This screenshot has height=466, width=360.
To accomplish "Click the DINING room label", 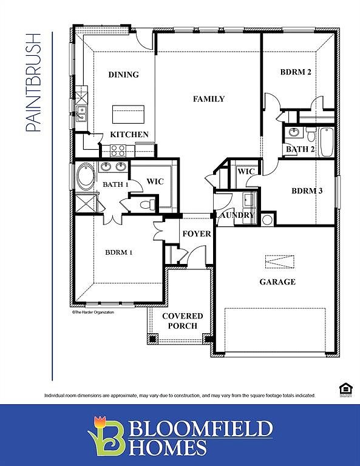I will point(123,75).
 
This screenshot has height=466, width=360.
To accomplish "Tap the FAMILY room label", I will point(209,99).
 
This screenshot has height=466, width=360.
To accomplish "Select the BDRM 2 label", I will point(296,72).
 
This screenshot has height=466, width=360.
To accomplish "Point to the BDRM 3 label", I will point(307,191).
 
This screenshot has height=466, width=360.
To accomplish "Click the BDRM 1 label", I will point(118,252).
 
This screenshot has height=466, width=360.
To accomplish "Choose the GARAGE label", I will point(277,282).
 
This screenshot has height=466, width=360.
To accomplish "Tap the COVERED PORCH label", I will point(183,321).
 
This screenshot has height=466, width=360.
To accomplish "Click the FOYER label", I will point(197,234).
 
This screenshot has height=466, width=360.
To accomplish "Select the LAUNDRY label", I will point(234,215).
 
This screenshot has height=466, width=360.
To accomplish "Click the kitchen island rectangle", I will point(128,114).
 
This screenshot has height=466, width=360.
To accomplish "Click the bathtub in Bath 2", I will point(326,141).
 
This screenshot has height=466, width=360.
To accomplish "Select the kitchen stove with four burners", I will point(117,150).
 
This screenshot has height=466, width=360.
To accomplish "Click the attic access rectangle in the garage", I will point(280,261).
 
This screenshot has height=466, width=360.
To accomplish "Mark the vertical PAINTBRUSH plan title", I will point(33,83).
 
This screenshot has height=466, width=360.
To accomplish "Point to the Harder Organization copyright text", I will point(93,312).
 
